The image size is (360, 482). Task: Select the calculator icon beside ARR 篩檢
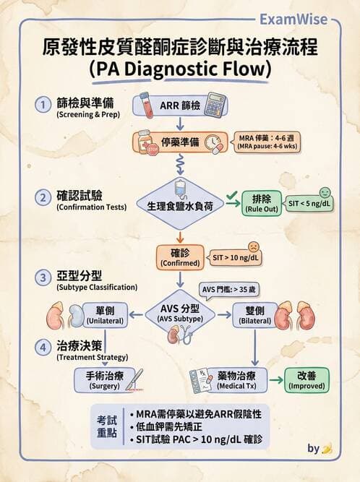point(214,104)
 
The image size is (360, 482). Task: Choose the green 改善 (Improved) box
point(307,380)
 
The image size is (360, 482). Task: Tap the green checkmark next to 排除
point(231,195)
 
